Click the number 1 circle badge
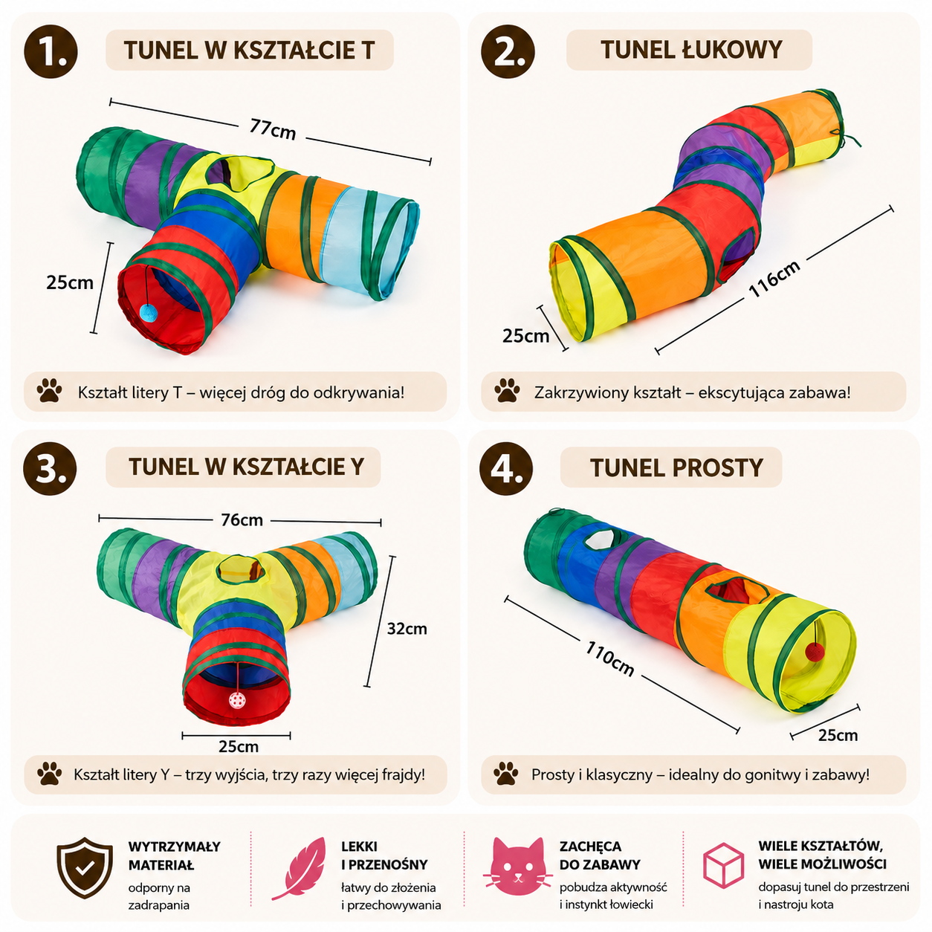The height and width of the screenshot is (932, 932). (x=51, y=52)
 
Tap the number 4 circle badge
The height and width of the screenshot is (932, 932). (x=506, y=468)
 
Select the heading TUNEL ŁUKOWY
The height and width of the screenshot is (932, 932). (x=691, y=50)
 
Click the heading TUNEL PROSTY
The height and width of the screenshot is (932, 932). (x=676, y=467)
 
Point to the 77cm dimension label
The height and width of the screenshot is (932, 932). (x=273, y=129)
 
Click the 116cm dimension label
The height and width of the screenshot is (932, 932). (x=774, y=278)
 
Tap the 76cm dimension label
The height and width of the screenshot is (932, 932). (x=242, y=520)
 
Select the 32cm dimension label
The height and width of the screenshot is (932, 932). (x=407, y=629)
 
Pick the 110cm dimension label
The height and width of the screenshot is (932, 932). (x=609, y=658)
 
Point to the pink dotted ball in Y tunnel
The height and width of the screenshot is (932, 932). (x=236, y=700)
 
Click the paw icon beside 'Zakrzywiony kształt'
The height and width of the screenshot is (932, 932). (x=507, y=391)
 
